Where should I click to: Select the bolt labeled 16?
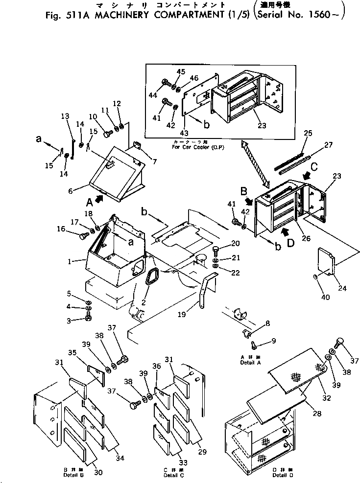(83, 236)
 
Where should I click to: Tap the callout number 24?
(341, 288)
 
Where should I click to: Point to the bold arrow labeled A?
(100, 198)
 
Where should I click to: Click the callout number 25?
(307, 133)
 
